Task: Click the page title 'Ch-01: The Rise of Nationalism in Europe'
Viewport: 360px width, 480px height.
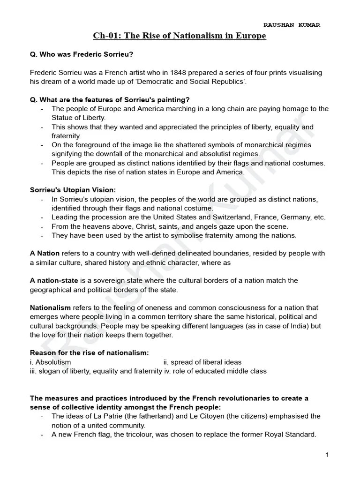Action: pos(180,36)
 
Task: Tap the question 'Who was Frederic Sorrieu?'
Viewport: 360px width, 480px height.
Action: pos(82,54)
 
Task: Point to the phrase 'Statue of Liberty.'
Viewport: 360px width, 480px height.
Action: pos(79,118)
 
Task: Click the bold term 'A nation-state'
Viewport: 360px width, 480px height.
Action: pos(54,280)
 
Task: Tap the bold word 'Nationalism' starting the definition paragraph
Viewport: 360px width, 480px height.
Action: pos(50,308)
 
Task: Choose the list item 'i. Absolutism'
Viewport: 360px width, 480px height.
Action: pos(51,362)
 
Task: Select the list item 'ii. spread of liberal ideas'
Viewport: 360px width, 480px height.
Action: pos(202,362)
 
